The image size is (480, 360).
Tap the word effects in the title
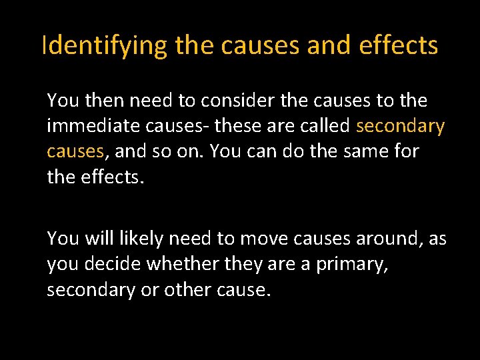[x=399, y=45]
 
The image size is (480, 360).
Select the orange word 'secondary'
[x=401, y=126]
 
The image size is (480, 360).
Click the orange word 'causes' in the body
[x=75, y=151]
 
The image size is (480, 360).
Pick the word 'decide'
[x=113, y=263]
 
